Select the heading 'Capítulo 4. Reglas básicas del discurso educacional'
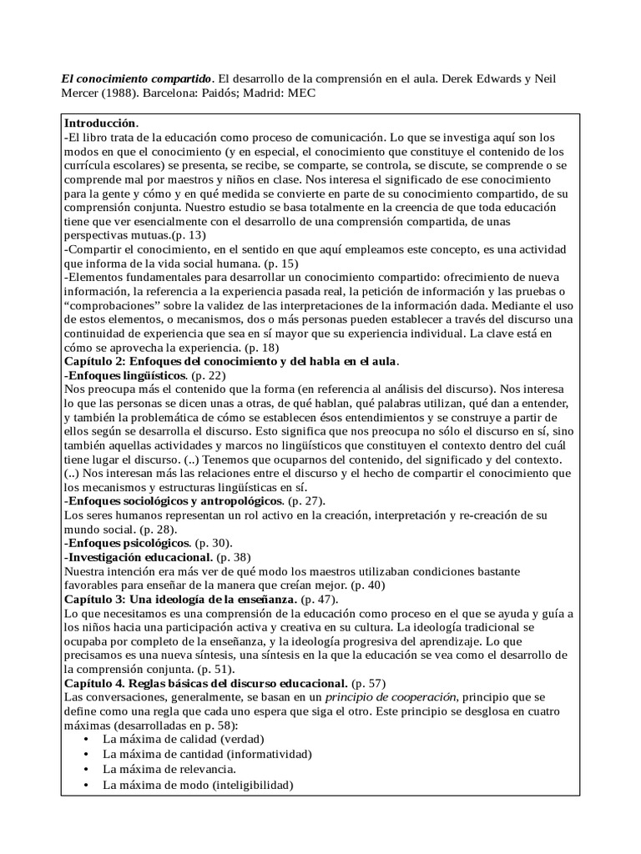[205, 683]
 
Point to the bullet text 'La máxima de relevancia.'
[169, 768]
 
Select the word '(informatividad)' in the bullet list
[247, 754]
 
